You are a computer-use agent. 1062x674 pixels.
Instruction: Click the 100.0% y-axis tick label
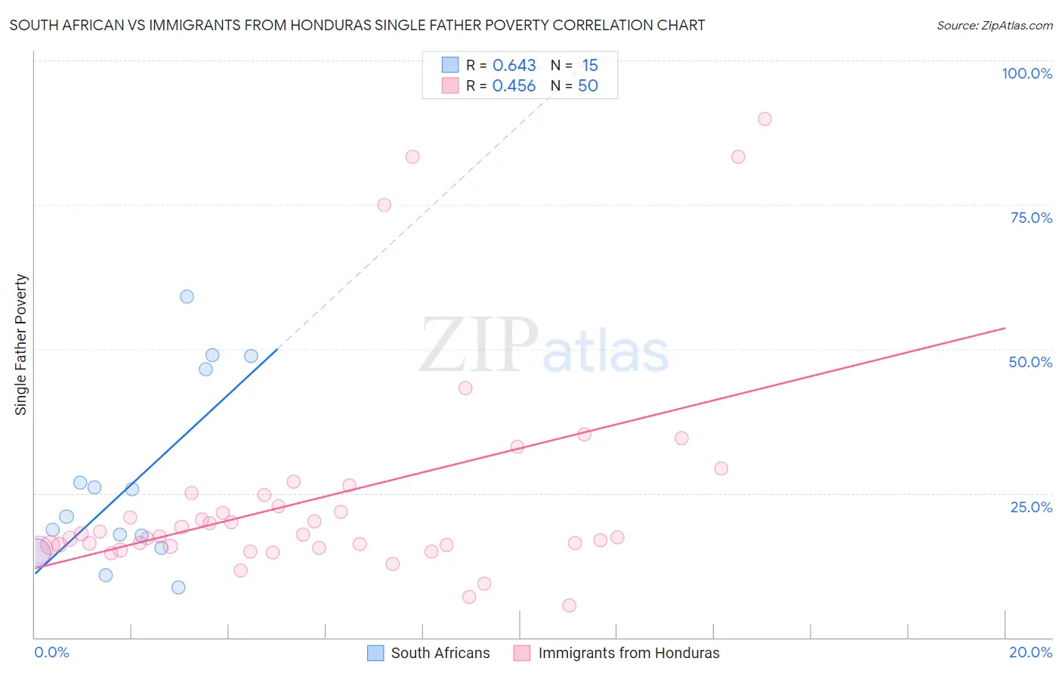click(x=1026, y=73)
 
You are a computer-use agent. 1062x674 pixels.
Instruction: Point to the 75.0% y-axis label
click(x=1031, y=218)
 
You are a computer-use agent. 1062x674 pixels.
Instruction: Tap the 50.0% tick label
click(x=1030, y=362)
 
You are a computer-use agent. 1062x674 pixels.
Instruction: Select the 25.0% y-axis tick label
click(x=1031, y=506)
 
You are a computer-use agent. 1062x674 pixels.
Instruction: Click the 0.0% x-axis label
click(x=51, y=652)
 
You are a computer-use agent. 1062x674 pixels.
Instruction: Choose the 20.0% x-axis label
click(x=1030, y=652)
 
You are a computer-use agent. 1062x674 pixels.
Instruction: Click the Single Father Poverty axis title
click(x=21, y=344)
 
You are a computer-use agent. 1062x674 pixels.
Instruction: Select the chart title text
click(x=357, y=25)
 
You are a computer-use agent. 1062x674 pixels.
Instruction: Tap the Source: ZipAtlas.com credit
click(x=994, y=25)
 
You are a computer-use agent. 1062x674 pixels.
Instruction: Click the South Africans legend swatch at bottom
click(x=375, y=653)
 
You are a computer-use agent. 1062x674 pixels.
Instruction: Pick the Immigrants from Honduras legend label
click(x=628, y=653)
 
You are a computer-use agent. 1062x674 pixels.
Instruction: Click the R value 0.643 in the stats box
click(x=514, y=66)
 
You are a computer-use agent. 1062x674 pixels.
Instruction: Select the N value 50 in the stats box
click(x=588, y=86)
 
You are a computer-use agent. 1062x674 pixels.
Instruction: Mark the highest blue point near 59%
click(x=187, y=296)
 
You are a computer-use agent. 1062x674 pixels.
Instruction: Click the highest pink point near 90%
click(x=764, y=119)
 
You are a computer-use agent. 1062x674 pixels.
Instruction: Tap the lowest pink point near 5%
click(x=570, y=605)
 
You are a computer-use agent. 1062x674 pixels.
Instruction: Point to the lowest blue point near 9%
click(x=178, y=587)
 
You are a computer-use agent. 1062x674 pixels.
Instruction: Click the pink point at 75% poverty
click(x=384, y=205)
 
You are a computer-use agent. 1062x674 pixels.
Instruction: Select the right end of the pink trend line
click(x=1005, y=328)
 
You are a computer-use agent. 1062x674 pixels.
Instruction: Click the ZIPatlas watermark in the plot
click(x=544, y=346)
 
